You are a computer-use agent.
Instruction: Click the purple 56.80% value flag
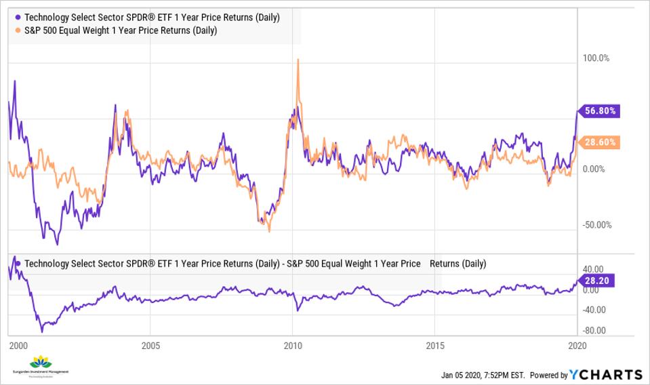599,110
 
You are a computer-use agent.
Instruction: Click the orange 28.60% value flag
599,142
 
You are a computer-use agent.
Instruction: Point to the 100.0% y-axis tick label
596,58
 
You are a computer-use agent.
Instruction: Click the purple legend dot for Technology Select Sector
17,17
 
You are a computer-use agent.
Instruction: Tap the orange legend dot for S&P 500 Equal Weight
17,31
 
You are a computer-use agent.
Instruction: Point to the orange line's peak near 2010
298,60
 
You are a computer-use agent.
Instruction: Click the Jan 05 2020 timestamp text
483,375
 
